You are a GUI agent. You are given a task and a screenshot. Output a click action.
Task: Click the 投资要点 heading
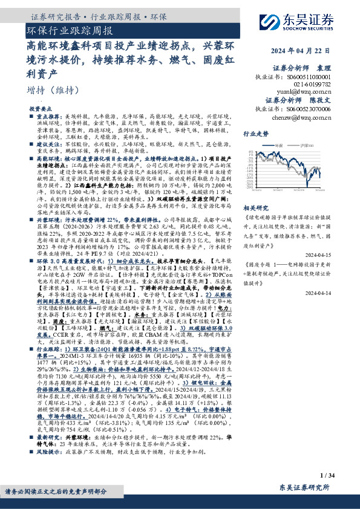(x=39, y=108)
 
